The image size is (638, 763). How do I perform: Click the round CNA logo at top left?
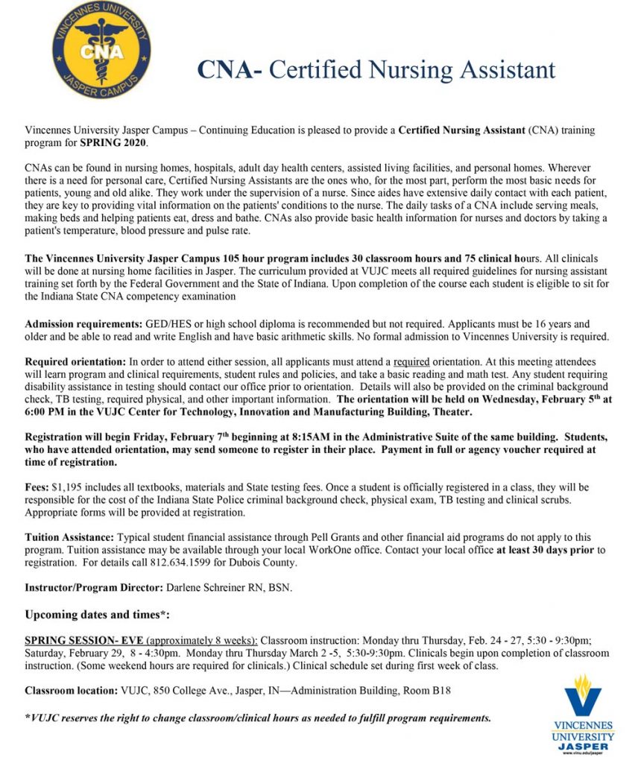click(102, 49)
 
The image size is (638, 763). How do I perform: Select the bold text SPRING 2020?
click(114, 142)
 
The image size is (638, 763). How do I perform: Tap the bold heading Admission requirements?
click(83, 324)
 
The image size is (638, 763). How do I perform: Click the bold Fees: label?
click(37, 486)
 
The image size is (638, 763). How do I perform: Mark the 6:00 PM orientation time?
click(47, 412)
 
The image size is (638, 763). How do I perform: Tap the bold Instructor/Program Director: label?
click(94, 588)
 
